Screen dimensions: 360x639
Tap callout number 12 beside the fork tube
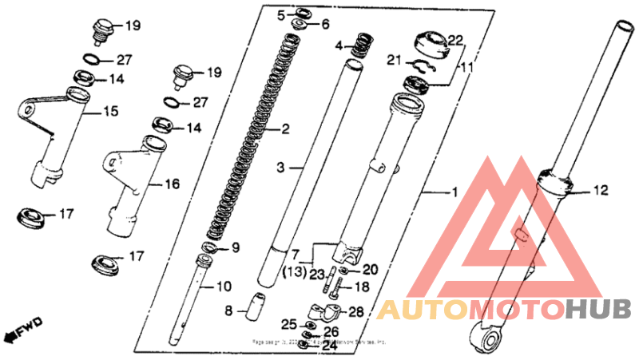click(601, 190)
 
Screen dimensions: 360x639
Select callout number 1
click(454, 192)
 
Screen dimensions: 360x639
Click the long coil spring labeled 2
click(254, 144)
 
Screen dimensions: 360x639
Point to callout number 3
click(280, 168)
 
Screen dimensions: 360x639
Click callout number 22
click(454, 40)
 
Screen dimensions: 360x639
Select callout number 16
click(172, 184)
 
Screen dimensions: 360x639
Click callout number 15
click(109, 111)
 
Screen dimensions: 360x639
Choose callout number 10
click(224, 286)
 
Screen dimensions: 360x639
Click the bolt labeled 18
click(342, 286)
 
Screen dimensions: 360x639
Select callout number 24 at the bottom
click(330, 347)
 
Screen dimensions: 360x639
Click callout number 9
click(235, 248)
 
